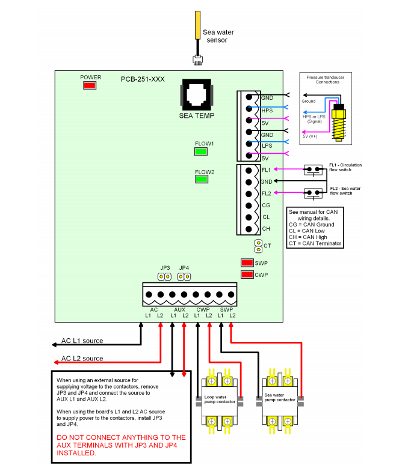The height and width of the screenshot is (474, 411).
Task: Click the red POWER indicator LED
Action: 90,85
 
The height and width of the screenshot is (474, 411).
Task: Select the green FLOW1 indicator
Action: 201,151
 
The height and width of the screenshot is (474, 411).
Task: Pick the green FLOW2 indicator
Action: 201,178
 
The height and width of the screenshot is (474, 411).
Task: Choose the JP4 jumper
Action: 184,276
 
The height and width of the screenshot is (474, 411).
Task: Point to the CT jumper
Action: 258,246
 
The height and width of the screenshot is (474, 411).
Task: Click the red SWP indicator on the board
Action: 246,263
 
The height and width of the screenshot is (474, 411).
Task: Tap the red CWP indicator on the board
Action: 246,275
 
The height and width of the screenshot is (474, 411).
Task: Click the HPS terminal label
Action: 267,111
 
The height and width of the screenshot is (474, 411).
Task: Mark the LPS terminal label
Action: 267,146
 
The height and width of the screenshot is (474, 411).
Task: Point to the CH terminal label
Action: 266,228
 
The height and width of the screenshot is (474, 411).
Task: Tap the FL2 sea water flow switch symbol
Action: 312,193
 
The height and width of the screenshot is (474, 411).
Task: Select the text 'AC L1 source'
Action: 82,341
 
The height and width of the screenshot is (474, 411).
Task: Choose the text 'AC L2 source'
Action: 82,359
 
